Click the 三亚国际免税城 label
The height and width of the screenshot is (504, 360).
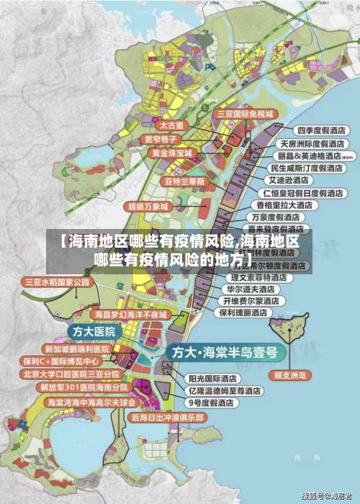click(246, 114)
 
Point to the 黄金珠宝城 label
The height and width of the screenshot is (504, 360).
click(171, 153)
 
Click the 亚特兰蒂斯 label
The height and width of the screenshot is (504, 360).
click(185, 180)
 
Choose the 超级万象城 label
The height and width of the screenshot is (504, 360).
click(148, 206)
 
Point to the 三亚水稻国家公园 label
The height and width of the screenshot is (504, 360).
click(57, 282)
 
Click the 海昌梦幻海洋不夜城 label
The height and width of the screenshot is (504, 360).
click(130, 315)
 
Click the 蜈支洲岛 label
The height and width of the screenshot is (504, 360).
click(292, 375)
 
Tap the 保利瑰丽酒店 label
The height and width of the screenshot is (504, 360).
click(243, 313)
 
